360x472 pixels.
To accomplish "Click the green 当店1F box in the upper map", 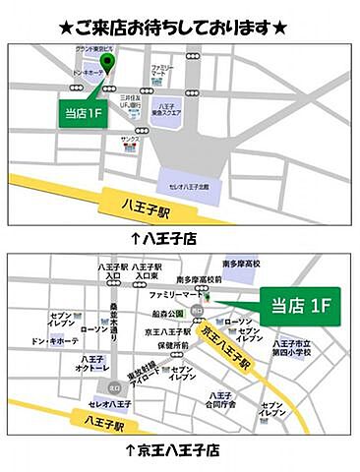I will tap(83, 112).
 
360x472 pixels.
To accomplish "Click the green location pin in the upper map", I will tap(109, 65).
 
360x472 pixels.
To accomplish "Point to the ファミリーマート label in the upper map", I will tap(164, 71).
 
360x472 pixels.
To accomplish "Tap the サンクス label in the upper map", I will tap(130, 141).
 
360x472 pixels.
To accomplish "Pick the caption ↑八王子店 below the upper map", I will tap(164, 237).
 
